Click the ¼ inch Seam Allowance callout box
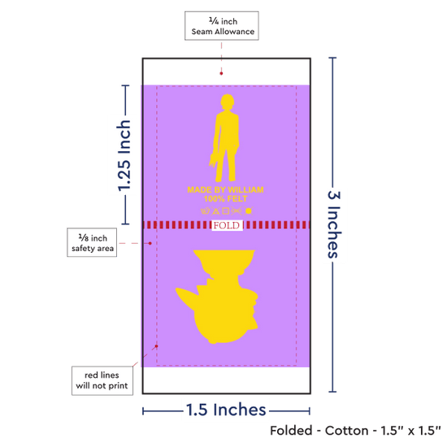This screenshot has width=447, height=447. [x=222, y=26]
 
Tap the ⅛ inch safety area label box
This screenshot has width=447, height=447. [x=92, y=242]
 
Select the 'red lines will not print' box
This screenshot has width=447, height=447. [x=102, y=380]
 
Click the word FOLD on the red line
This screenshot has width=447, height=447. [x=227, y=225]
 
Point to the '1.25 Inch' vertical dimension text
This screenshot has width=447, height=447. [x=124, y=156]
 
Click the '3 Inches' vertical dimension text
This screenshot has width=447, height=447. [x=334, y=224]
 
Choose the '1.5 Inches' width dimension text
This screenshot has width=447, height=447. [x=226, y=410]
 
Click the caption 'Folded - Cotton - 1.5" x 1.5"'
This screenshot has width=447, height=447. [x=355, y=431]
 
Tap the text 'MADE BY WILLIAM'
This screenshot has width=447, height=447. [x=225, y=190]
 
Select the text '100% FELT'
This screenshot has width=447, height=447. [x=225, y=198]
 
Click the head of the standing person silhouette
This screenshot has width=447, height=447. [x=228, y=102]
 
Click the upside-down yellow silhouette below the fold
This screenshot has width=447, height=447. [x=217, y=297]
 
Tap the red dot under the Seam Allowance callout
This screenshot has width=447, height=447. [x=221, y=73]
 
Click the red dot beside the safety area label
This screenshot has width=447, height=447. [x=150, y=243]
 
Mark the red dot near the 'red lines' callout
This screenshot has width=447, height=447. [x=156, y=346]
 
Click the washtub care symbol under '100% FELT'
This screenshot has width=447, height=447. [x=206, y=211]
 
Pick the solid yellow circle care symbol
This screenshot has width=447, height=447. [x=249, y=211]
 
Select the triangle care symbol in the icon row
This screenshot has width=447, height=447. [x=216, y=211]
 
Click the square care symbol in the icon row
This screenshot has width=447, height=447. [x=225, y=211]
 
